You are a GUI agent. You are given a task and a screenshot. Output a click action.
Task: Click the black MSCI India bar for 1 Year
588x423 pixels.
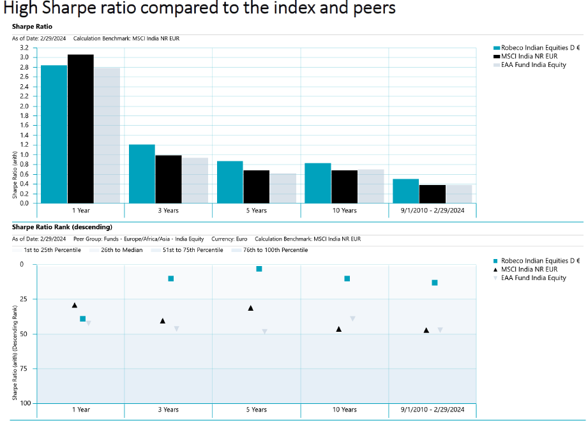pos(80,128)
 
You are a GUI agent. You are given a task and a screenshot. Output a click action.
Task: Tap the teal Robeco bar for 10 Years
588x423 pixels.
pos(317,183)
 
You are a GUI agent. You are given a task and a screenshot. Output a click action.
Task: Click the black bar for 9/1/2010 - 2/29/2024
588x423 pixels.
pos(432,194)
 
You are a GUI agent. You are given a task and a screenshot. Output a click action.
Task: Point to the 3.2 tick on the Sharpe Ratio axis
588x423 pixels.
pos(24,48)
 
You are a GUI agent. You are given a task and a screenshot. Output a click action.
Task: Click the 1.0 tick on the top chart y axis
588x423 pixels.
pos(24,154)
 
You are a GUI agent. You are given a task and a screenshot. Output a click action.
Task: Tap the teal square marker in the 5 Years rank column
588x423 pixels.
pos(259,269)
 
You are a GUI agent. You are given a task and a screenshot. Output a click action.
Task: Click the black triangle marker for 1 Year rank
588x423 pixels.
pos(75,306)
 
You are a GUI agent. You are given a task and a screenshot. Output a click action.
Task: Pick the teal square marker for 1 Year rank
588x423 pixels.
pos(83,318)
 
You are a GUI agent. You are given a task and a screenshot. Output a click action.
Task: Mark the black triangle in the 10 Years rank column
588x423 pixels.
pos(338,329)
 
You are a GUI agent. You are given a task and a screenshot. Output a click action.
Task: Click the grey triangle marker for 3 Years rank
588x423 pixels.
pos(176,329)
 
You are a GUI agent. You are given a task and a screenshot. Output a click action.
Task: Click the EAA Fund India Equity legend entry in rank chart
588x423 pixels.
pos(533,278)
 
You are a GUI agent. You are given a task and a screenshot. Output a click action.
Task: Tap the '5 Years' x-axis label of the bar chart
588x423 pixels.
pos(256,211)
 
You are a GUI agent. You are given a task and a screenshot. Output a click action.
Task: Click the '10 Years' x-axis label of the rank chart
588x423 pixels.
pos(344,410)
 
